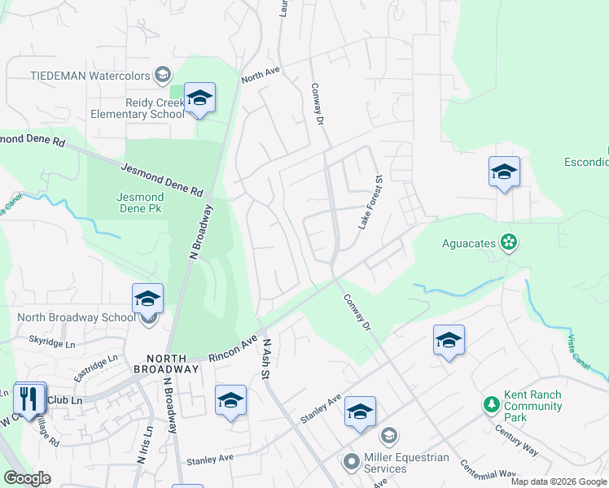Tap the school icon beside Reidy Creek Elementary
tap(199, 98)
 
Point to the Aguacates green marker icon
tap(509, 242)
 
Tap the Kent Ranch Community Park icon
tap(491, 404)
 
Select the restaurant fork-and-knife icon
tap(29, 398)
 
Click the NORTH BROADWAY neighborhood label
tap(173, 364)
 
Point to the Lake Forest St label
tap(370, 201)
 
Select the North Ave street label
tap(261, 75)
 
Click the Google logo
tap(27, 478)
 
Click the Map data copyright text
tap(559, 481)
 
